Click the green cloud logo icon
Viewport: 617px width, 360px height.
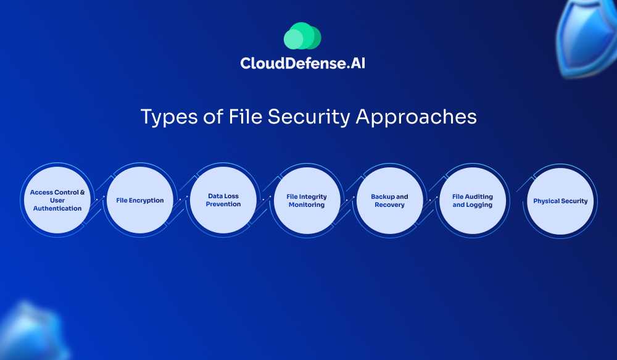pos(302,36)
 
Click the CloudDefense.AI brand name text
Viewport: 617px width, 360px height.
pos(302,63)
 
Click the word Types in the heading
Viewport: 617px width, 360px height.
pos(163,117)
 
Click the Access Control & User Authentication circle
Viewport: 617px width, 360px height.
pos(57,200)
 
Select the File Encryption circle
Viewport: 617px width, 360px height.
pos(140,200)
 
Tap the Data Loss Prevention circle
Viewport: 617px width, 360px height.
pos(223,200)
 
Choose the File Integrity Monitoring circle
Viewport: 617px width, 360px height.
pos(307,200)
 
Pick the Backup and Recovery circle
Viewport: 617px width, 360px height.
pos(389,200)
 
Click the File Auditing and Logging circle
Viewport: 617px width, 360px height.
pos(473,200)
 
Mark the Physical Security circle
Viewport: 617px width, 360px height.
pos(560,201)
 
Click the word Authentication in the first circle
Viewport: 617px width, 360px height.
pos(57,209)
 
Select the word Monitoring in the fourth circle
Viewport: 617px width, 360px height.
pos(307,205)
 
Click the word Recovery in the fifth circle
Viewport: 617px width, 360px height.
pos(389,205)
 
